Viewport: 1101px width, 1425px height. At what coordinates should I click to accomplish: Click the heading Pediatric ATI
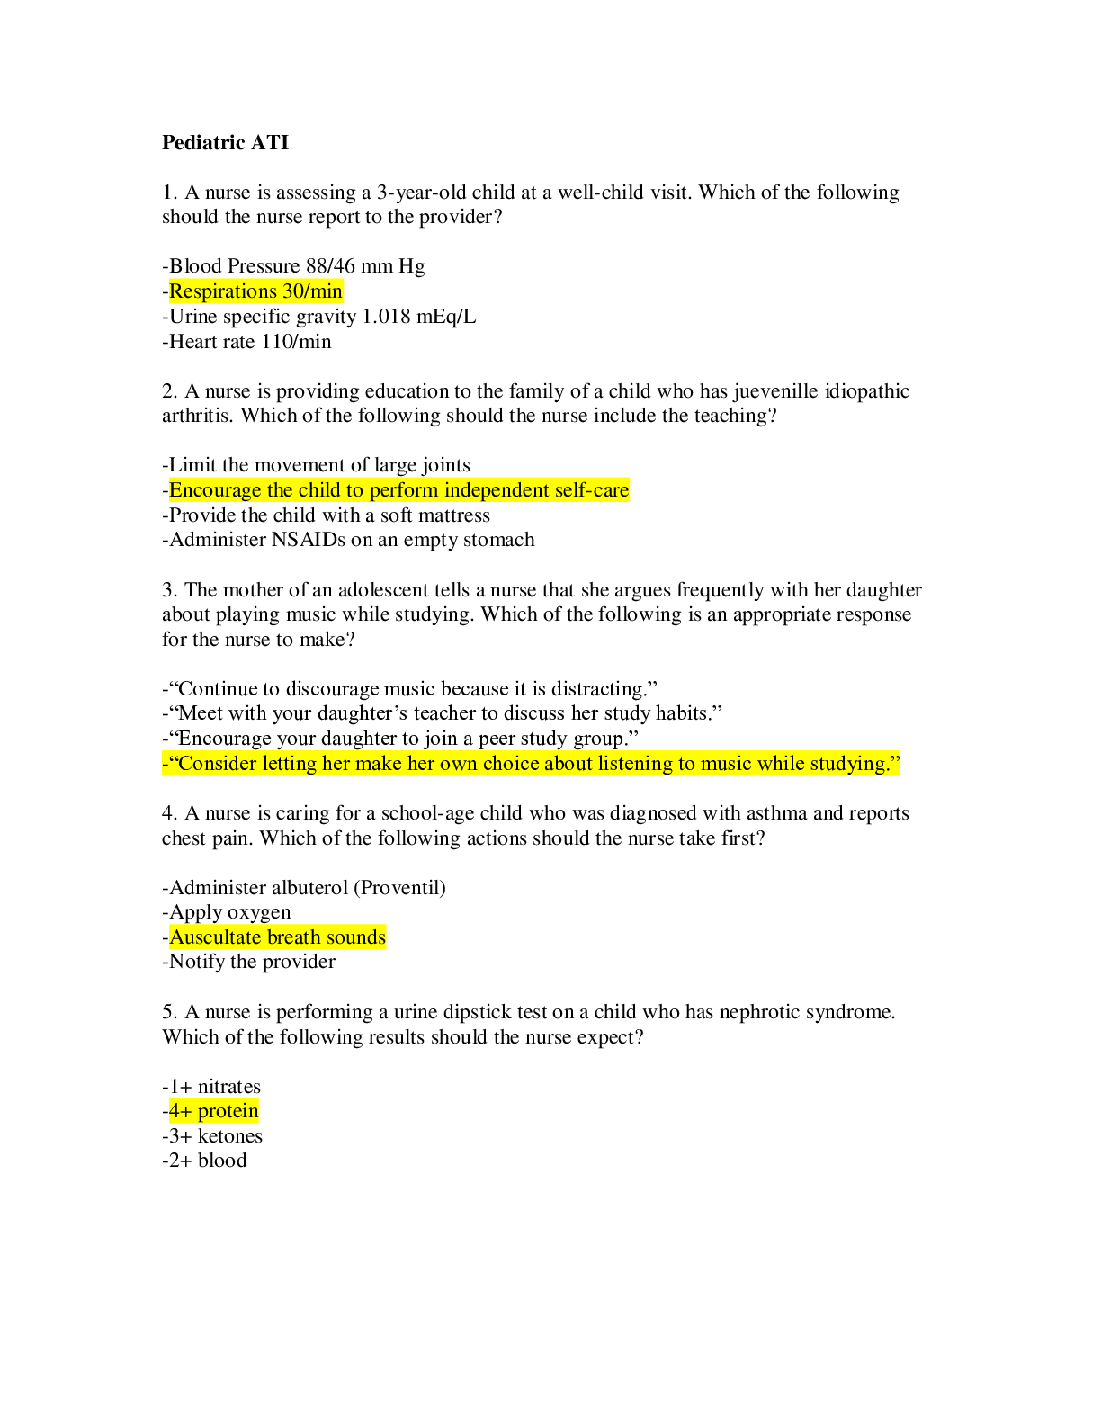click(225, 142)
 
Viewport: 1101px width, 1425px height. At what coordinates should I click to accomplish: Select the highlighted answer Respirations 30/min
click(255, 291)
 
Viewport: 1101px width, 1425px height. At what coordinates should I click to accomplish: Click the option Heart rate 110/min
click(247, 342)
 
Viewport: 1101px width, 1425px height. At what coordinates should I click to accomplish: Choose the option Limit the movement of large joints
click(317, 465)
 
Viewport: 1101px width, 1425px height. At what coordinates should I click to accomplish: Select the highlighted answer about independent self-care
click(398, 490)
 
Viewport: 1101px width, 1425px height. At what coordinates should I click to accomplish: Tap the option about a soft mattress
click(327, 515)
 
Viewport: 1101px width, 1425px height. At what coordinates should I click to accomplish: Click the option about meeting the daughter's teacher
click(443, 713)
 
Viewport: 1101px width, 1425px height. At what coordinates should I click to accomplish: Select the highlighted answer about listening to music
click(532, 764)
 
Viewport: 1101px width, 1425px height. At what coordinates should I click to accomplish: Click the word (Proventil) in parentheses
click(399, 888)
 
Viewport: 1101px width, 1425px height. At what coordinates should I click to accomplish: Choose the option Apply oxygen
click(227, 912)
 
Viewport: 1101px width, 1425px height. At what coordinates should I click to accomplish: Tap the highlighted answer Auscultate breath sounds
click(277, 937)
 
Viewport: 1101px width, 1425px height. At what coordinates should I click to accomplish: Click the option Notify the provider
click(249, 962)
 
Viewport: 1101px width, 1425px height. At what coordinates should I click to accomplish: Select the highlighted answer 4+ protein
click(213, 1111)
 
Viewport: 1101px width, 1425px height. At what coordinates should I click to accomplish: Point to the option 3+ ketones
click(213, 1136)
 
